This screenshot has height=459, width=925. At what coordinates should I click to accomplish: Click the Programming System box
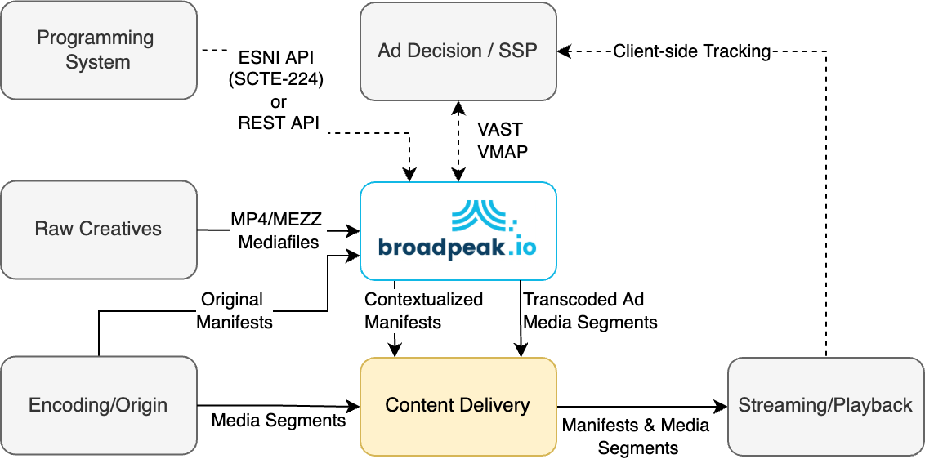click(98, 50)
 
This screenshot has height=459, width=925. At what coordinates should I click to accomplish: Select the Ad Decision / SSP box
click(458, 50)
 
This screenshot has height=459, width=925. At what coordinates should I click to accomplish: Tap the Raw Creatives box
click(98, 229)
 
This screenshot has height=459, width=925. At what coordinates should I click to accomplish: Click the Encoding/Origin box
click(98, 405)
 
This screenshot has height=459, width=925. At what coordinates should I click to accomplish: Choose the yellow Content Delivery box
click(458, 405)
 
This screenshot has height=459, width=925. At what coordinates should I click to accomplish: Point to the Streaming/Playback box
click(825, 405)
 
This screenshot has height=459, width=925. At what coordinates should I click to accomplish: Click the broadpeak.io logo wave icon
click(483, 213)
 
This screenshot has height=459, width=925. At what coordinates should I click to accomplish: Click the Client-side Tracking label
click(692, 51)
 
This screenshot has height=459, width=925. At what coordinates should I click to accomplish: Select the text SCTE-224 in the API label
click(279, 81)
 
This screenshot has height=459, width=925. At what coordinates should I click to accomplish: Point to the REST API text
click(279, 123)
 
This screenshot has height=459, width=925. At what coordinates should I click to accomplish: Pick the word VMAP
click(502, 152)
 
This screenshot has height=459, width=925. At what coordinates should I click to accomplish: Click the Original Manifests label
click(235, 310)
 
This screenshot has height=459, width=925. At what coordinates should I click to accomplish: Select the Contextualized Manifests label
click(423, 310)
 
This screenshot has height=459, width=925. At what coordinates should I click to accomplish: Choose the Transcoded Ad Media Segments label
click(590, 310)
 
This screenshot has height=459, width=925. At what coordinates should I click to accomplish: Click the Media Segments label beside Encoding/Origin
click(279, 421)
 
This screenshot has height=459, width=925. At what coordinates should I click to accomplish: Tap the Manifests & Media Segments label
click(637, 436)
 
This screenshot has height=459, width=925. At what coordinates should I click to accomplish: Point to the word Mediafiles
click(279, 242)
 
